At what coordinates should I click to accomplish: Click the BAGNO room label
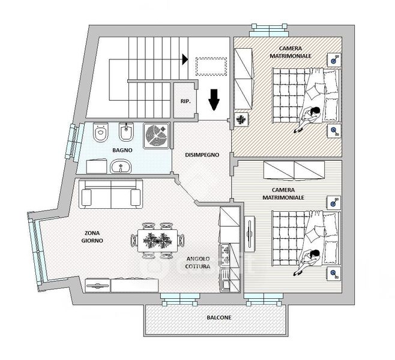coord(122,150)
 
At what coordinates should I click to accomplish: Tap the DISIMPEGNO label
coord(202,155)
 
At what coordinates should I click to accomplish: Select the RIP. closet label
coord(185,101)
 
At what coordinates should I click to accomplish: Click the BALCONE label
coord(219,317)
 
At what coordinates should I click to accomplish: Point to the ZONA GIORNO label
coord(92,236)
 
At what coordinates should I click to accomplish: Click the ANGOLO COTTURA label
coord(197,263)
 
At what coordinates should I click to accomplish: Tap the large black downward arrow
coord(214,100)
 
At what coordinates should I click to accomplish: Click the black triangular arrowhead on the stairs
coord(185,59)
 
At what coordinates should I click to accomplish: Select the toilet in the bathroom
coord(100,132)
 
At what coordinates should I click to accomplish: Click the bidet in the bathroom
coord(127,132)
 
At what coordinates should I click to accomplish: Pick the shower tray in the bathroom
coord(156,136)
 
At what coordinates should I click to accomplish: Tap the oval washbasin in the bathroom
coord(121,166)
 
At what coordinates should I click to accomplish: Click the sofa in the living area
coord(110,194)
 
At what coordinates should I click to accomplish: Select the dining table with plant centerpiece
coord(158,241)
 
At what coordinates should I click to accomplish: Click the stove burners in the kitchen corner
coord(226,255)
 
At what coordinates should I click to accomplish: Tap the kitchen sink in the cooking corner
coord(225,280)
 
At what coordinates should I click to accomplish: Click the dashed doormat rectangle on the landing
coord(211,67)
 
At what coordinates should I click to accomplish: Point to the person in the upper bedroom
coord(309,119)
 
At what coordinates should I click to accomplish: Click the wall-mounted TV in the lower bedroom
coord(249,234)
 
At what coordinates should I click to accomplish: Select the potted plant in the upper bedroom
coord(241,119)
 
